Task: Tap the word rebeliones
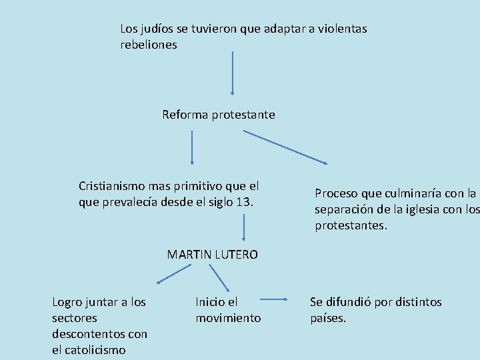tap(149, 45)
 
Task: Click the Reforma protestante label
tap(219, 115)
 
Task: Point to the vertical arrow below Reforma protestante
tap(192, 147)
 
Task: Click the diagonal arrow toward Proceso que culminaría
tap(286, 147)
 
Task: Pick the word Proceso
tap(337, 194)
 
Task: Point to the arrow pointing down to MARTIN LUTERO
tap(244, 227)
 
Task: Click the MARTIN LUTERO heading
tap(213, 254)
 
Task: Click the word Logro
tap(69, 302)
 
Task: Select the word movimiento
tap(228, 318)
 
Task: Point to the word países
tap(328, 318)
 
